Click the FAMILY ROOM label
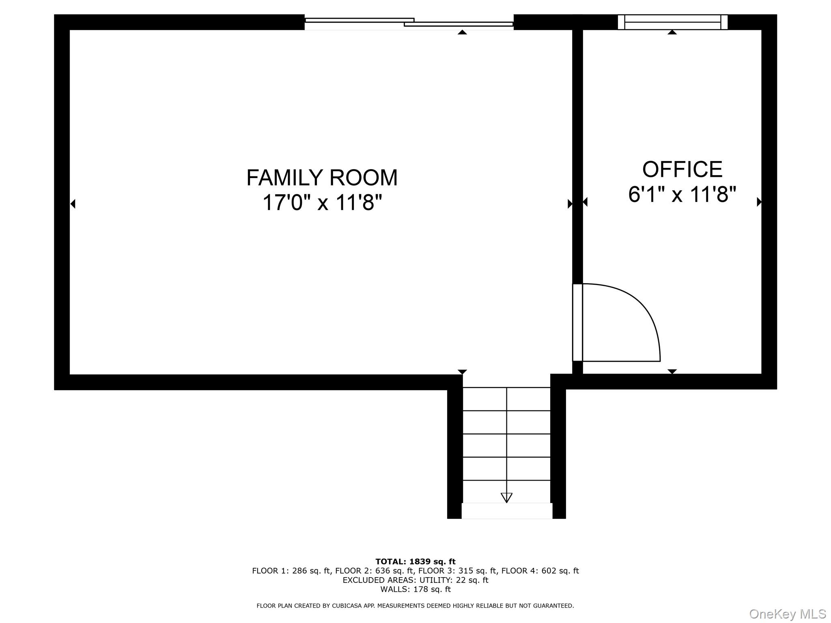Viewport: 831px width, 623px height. [322, 178]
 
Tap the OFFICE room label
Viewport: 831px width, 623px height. [682, 169]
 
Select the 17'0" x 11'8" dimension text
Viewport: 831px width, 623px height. [322, 202]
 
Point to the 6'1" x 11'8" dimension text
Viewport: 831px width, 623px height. [682, 194]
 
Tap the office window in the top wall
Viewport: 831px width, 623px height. [672, 22]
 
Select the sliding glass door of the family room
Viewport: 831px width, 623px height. [409, 23]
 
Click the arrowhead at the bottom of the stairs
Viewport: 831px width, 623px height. [506, 498]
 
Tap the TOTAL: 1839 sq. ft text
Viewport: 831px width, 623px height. [415, 562]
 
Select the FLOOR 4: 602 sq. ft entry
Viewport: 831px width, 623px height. [540, 571]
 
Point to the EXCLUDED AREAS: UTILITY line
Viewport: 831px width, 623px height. [415, 580]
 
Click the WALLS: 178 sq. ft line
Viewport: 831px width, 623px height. [415, 589]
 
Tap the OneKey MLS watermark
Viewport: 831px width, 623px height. [788, 614]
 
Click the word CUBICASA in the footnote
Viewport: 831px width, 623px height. [347, 606]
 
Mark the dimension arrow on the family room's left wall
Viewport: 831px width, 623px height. [73, 204]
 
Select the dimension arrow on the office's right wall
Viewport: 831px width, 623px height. [759, 202]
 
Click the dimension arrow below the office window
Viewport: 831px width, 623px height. [672, 32]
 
